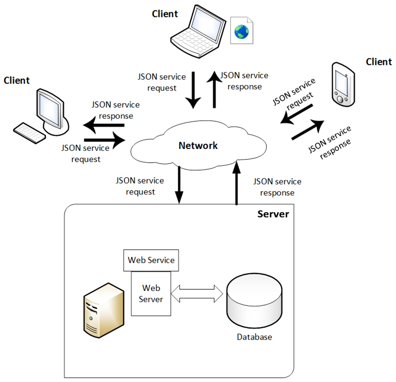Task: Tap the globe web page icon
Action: (x=241, y=31)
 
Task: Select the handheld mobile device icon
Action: (x=343, y=85)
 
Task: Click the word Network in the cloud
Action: (x=198, y=145)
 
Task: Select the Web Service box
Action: (x=151, y=260)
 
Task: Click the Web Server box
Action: (x=151, y=294)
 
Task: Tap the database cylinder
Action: (x=254, y=300)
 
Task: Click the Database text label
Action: (x=254, y=337)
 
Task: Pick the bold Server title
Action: (x=273, y=214)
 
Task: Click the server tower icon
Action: (x=103, y=310)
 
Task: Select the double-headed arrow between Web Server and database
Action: (x=197, y=294)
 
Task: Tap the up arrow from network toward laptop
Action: (x=214, y=89)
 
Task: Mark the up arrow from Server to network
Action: (x=237, y=183)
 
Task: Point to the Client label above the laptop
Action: (x=165, y=14)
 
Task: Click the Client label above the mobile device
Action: (x=379, y=62)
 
